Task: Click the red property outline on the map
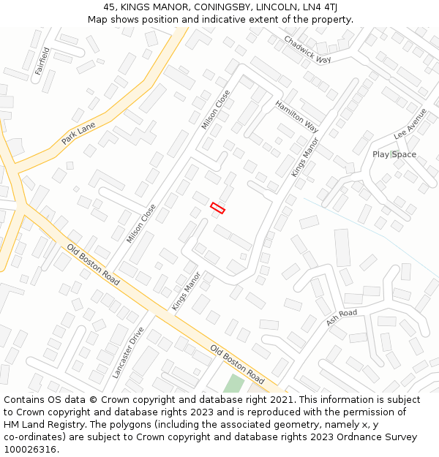pos(217,208)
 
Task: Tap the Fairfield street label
pos(43,61)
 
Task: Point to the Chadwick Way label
pos(307,50)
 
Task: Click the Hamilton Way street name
pos(297,116)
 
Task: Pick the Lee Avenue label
pos(410,124)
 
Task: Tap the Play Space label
pos(394,154)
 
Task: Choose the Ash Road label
pos(342,317)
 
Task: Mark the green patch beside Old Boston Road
pos(233,384)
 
